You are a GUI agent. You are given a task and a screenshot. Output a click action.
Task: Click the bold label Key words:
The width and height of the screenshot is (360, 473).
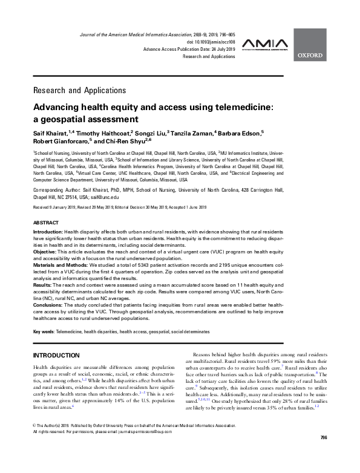(x=44, y=331)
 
